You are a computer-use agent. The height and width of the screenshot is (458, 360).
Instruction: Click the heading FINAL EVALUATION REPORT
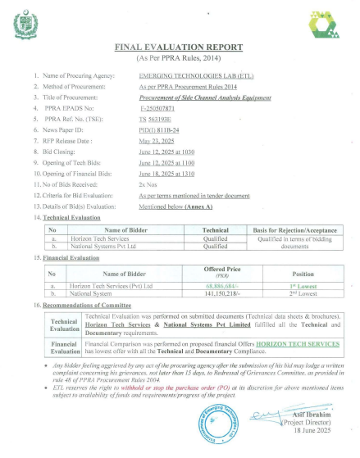click(x=180, y=49)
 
